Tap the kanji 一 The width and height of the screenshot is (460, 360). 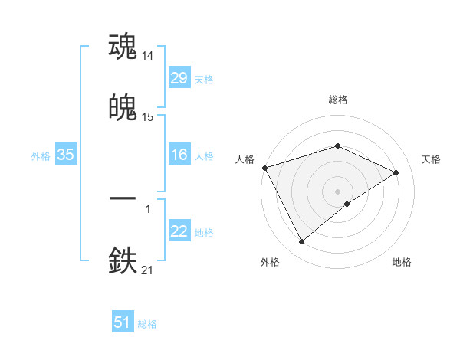123,198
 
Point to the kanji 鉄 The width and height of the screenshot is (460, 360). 123,260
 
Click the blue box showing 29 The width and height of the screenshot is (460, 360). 179,78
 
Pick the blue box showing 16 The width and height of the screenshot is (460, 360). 179,155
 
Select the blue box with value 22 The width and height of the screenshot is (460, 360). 179,231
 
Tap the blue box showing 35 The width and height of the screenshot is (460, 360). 65,155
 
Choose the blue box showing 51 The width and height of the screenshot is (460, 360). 123,322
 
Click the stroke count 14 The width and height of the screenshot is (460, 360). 148,56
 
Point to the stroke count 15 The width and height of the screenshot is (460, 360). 148,117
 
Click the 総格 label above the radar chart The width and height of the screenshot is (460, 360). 338,100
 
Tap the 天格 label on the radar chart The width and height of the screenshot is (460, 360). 432,159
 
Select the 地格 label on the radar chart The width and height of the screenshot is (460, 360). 402,262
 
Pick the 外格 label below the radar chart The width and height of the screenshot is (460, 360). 270,262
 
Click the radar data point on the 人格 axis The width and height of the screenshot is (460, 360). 264,168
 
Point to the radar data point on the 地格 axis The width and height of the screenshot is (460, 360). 347,204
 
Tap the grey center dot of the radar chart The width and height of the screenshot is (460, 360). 338,191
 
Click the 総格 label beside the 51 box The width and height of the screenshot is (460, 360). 147,324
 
